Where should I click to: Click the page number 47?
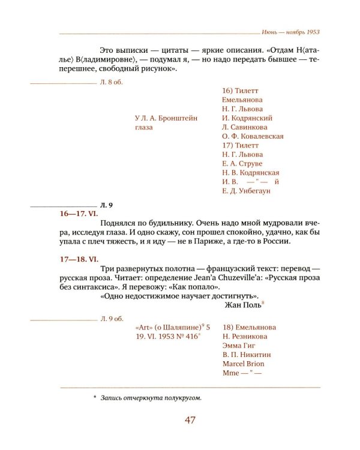(190, 420)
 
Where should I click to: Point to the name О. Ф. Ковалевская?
(253, 136)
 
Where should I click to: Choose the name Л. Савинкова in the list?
(244, 127)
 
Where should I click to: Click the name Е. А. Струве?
(242, 163)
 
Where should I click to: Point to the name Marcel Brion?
(243, 364)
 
